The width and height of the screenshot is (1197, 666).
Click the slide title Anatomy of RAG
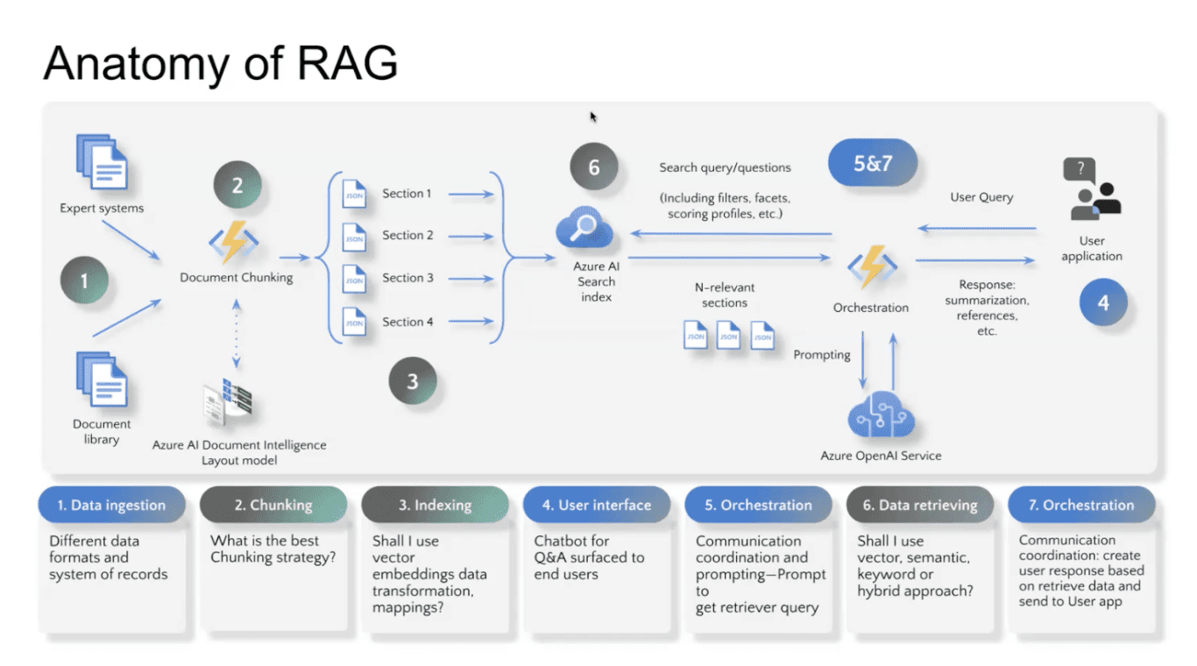click(221, 62)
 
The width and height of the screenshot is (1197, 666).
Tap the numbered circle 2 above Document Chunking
click(237, 186)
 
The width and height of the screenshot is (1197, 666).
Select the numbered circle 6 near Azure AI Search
click(593, 166)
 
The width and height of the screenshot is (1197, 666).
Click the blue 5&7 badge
click(873, 163)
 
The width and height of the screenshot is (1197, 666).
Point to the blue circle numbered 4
click(1102, 302)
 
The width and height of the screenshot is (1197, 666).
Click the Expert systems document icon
click(102, 163)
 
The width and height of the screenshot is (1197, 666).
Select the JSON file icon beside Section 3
click(354, 280)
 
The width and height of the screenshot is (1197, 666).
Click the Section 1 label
click(407, 194)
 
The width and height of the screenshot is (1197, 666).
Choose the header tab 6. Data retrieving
click(919, 506)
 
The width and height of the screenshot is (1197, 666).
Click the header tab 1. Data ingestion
click(111, 506)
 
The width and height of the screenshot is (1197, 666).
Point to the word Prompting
click(821, 355)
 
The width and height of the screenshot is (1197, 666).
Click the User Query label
click(981, 197)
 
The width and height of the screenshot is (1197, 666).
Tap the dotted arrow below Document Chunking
click(237, 335)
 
